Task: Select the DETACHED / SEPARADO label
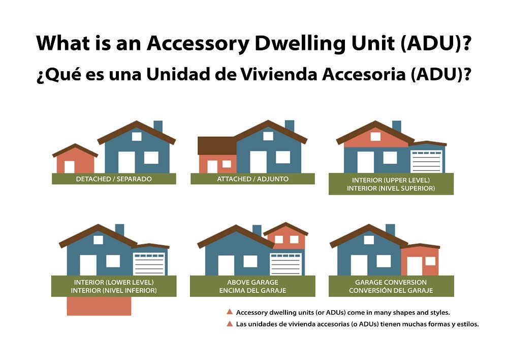coord(114,179)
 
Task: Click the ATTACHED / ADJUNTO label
coord(252,179)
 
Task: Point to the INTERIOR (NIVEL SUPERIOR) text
coord(391,189)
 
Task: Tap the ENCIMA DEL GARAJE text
coord(252,291)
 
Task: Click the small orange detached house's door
coord(70,167)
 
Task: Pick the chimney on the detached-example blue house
coord(158,126)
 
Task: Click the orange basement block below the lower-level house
coord(99,306)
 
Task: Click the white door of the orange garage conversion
coord(414,266)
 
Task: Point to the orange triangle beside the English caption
coord(230,312)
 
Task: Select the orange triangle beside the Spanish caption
coord(230,324)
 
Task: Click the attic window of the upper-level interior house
coord(375,136)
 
